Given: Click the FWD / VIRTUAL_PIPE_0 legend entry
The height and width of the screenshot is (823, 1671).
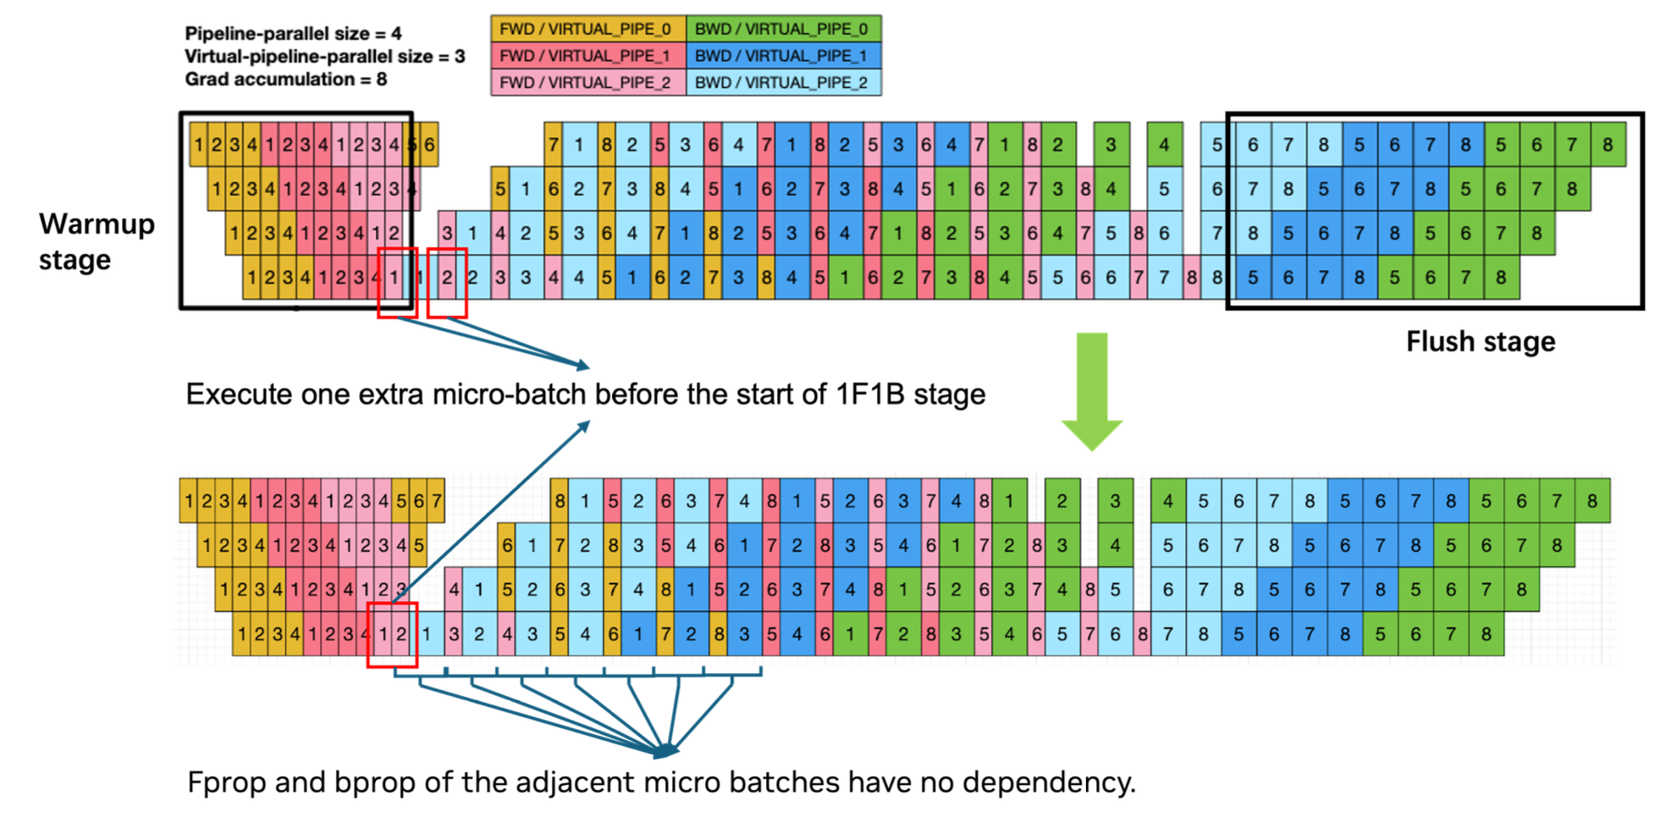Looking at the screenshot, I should [x=587, y=29].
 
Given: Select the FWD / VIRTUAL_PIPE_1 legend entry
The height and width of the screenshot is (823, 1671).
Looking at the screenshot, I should [x=587, y=56].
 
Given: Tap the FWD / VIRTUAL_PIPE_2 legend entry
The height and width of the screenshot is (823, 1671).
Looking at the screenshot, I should [x=587, y=82].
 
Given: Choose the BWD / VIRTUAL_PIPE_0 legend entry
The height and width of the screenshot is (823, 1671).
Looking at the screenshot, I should [x=783, y=29].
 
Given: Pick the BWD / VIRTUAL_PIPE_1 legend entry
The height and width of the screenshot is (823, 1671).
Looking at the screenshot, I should [x=783, y=56].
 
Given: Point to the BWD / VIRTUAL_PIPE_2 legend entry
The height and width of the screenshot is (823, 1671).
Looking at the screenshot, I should [x=783, y=82].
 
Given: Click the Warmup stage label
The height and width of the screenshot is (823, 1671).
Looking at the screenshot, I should [x=97, y=241].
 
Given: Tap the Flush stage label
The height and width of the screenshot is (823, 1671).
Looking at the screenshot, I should [x=1481, y=341].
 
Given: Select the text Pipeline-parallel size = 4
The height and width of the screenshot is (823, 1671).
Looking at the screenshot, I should [x=293, y=34].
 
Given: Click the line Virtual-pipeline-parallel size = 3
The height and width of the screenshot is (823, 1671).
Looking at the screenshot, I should [x=324, y=57].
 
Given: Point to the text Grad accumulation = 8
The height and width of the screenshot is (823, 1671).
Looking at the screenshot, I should [x=285, y=80].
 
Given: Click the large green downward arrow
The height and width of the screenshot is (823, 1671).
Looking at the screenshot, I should [x=1092, y=389].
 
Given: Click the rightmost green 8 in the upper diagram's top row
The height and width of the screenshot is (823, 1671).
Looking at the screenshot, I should [x=1608, y=145].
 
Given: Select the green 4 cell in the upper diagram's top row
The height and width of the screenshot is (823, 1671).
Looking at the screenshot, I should [x=1164, y=145].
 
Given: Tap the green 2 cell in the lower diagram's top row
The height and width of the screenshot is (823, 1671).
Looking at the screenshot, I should [x=1062, y=500].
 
